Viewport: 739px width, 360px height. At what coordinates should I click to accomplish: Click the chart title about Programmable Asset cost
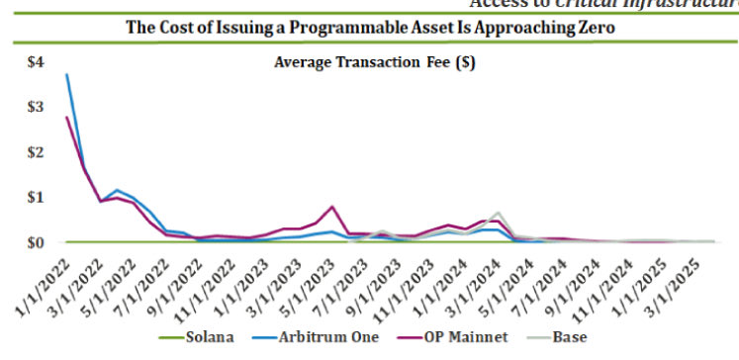(370, 29)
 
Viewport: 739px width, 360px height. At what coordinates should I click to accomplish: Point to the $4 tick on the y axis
(36, 62)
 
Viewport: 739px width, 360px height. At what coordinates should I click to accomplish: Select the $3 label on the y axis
(36, 107)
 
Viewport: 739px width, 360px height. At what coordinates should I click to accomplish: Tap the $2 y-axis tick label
(36, 152)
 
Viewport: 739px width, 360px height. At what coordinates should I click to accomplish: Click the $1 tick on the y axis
(36, 197)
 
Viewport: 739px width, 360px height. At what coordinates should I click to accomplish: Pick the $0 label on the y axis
(36, 242)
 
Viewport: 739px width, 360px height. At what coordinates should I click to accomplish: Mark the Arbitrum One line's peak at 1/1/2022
(66, 75)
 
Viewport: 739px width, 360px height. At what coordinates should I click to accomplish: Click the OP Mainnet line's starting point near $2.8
(66, 118)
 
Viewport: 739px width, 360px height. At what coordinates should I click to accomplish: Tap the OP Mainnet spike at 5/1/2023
(332, 207)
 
